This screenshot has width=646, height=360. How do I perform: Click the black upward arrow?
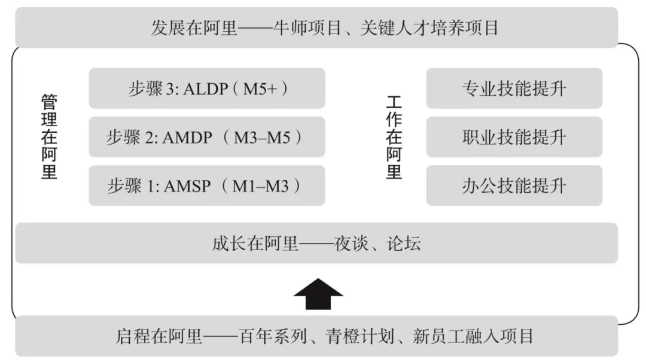coord(318,294)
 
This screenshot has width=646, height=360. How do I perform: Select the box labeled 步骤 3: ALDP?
coord(207,89)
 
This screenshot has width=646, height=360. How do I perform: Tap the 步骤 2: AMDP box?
coord(207,137)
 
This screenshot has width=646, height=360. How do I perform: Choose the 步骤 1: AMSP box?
coord(207,186)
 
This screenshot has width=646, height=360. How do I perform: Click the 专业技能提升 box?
coord(514,89)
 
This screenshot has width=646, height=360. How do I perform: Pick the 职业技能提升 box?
coord(514,137)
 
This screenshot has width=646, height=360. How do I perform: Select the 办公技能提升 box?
coord(514,186)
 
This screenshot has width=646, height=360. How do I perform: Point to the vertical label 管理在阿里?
coord(49,137)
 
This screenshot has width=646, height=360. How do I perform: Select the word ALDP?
coord(206,89)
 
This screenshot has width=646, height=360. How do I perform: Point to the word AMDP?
coord(187,138)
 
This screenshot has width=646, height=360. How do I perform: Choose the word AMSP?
coord(185,186)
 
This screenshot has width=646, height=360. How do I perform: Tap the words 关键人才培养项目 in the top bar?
coord(429,28)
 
